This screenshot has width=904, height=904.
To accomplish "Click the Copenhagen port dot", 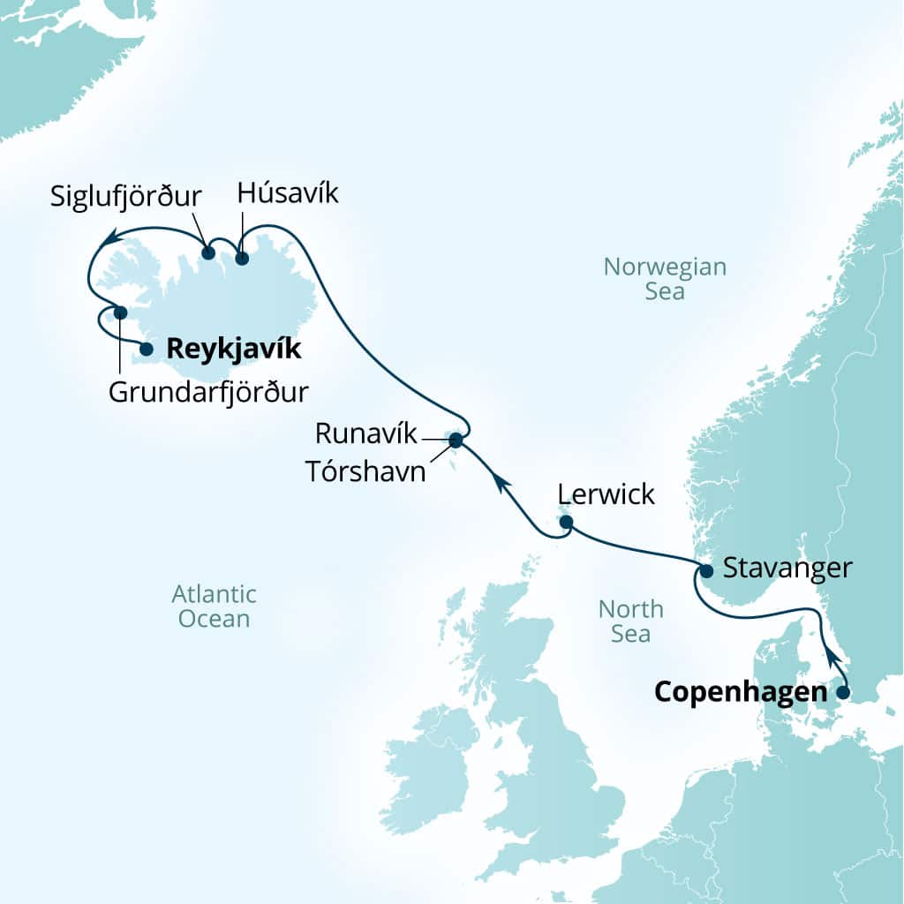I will [842, 692].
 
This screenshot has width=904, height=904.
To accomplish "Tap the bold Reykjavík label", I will [233, 350].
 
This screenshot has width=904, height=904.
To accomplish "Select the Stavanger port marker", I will [706, 570].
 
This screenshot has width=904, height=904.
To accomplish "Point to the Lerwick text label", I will [606, 494].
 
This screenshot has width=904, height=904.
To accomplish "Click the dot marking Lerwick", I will [567, 524].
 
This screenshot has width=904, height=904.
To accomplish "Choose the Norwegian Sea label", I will [664, 279].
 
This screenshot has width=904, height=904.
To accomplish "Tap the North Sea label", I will [630, 621].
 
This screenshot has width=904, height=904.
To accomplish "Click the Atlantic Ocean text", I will [214, 606].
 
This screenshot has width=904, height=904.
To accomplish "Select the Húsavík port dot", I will [242, 259].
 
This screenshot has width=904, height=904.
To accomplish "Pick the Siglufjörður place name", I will [126, 195].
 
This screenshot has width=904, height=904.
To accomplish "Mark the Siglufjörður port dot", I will [208, 253].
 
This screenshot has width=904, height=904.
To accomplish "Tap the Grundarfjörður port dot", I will [121, 313].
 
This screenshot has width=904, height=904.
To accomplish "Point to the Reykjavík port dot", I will [147, 350].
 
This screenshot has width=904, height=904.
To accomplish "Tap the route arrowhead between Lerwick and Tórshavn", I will [499, 481].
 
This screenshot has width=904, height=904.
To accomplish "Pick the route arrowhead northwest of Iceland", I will [109, 237].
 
